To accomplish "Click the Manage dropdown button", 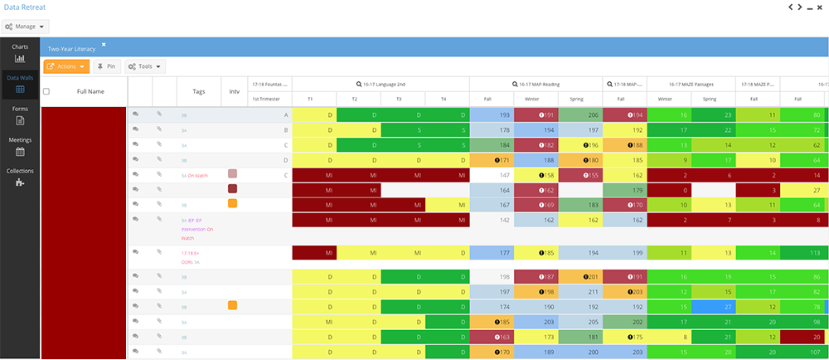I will tap(26, 27).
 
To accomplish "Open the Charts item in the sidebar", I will tap(20, 53).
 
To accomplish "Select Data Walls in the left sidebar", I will tap(20, 83).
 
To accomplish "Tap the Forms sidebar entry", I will tap(20, 114).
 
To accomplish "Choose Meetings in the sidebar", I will tap(20, 146).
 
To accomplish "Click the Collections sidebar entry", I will tap(20, 177).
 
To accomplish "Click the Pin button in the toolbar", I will tap(106, 66).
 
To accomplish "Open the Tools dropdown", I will tap(145, 66).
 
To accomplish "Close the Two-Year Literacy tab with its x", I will tap(104, 44).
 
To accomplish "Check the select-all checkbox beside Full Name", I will tap(46, 91).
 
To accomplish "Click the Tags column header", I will tap(198, 91).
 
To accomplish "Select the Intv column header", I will tap(234, 91).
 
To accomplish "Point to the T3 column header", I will tap(398, 99).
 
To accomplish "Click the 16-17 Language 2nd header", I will tap(381, 84).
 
